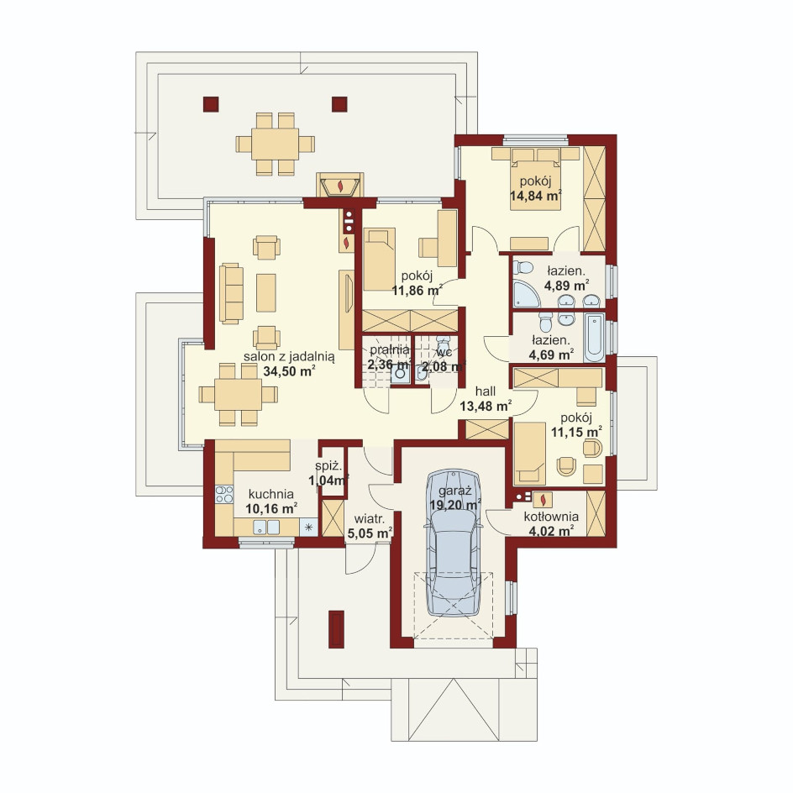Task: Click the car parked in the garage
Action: (x=454, y=543)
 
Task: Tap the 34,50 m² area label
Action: (x=289, y=371)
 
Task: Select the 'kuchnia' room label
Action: (x=271, y=494)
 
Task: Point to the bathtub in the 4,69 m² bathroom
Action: (x=594, y=338)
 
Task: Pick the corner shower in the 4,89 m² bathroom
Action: (x=527, y=294)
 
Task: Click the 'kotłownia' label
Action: (x=551, y=517)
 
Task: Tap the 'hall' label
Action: (x=485, y=391)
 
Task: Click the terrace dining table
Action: (x=276, y=144)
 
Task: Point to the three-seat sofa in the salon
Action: (x=231, y=293)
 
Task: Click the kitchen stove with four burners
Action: (x=224, y=494)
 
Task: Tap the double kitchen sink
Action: (x=266, y=527)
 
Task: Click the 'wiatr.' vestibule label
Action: (x=370, y=518)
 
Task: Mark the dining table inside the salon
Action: (x=239, y=395)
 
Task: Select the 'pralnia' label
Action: (x=390, y=349)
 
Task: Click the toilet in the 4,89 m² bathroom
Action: (x=523, y=267)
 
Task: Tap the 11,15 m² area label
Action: (x=576, y=432)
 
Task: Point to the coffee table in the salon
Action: (x=266, y=293)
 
